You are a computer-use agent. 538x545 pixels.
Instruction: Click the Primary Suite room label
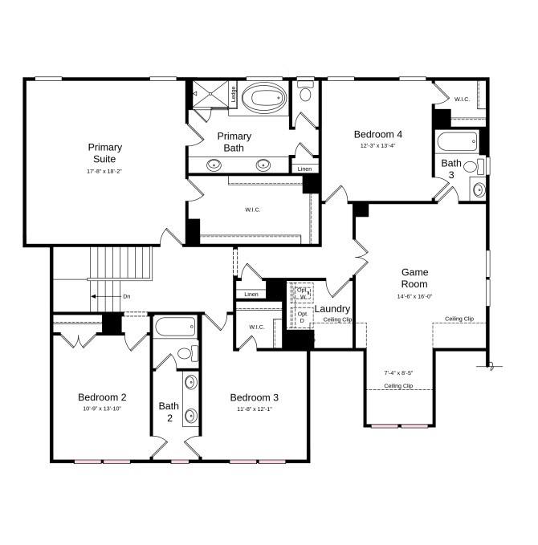tap(104, 153)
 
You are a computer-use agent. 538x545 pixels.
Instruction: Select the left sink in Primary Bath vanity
tap(214, 165)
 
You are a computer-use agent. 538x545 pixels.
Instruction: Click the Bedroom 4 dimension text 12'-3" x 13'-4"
tap(377, 145)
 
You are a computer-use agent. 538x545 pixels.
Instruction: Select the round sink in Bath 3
tap(477, 190)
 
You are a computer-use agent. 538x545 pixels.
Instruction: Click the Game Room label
tap(414, 279)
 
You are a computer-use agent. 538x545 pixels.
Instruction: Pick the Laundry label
tap(332, 309)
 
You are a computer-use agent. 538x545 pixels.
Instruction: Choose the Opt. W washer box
tap(302, 293)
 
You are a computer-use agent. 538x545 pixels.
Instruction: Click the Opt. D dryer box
tap(302, 317)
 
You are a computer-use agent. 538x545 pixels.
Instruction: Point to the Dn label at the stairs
tap(126, 296)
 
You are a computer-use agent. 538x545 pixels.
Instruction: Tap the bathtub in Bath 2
tap(175, 327)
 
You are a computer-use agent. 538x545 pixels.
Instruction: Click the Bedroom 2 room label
tap(102, 397)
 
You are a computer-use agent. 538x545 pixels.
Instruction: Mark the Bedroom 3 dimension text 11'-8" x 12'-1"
tap(255, 409)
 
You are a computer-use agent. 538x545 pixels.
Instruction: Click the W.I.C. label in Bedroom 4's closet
tap(462, 100)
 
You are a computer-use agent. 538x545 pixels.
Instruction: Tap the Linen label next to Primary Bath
tap(304, 169)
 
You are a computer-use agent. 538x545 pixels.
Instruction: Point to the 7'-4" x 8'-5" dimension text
tap(398, 372)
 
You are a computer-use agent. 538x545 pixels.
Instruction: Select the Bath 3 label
tap(450, 169)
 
